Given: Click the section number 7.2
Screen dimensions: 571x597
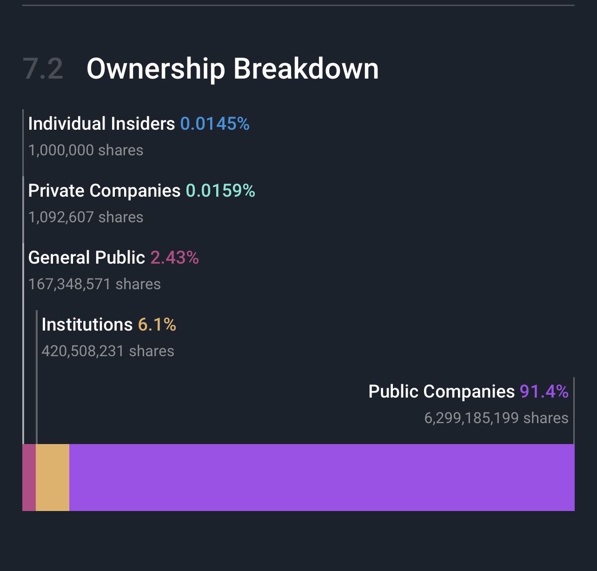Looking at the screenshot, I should pyautogui.click(x=43, y=69).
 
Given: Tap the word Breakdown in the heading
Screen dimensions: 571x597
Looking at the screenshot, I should pyautogui.click(x=305, y=69).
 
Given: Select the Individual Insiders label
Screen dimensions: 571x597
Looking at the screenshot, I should pyautogui.click(x=101, y=124).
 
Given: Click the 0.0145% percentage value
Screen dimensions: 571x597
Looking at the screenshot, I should pyautogui.click(x=215, y=124).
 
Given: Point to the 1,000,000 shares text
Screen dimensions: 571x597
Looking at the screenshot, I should pyautogui.click(x=86, y=150).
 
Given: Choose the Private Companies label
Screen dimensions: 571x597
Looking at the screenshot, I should pyautogui.click(x=104, y=191).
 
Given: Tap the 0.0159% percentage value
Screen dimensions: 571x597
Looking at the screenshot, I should pyautogui.click(x=220, y=191).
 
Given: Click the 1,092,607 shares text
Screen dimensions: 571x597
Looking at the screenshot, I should pyautogui.click(x=86, y=217).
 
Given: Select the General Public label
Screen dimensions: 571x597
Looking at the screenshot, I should pyautogui.click(x=86, y=258).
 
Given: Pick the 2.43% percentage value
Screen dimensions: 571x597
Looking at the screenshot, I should pyautogui.click(x=174, y=258).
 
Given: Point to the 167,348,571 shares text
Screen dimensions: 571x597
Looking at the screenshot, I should pyautogui.click(x=94, y=284).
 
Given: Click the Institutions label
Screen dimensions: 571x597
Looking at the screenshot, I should pyautogui.click(x=87, y=325).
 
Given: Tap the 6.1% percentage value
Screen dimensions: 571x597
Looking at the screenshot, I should pyautogui.click(x=157, y=325).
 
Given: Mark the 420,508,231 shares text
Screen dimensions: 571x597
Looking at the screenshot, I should pyautogui.click(x=108, y=351).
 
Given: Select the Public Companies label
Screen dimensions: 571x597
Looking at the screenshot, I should pyautogui.click(x=441, y=392).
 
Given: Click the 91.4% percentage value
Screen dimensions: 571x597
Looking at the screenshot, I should pyautogui.click(x=544, y=392).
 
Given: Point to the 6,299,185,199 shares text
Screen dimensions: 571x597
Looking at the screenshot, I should pyautogui.click(x=496, y=418).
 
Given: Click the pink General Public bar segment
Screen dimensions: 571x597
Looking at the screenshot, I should pyautogui.click(x=29, y=477).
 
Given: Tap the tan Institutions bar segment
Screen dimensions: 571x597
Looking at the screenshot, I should pyautogui.click(x=53, y=477).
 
